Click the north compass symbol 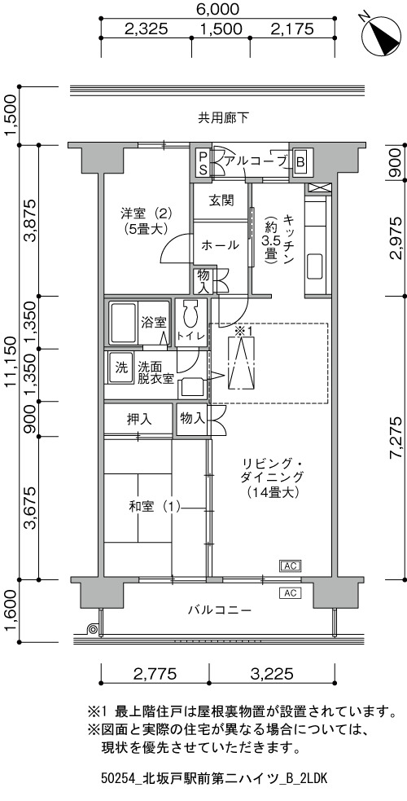382,33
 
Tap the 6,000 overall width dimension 218,9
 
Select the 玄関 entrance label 221,200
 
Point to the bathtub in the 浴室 122,323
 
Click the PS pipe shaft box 203,163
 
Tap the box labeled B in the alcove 300,162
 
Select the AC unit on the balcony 291,593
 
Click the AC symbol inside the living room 291,566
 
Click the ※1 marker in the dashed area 243,331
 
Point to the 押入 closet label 139,420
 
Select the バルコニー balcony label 219,610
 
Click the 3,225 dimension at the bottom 271,673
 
